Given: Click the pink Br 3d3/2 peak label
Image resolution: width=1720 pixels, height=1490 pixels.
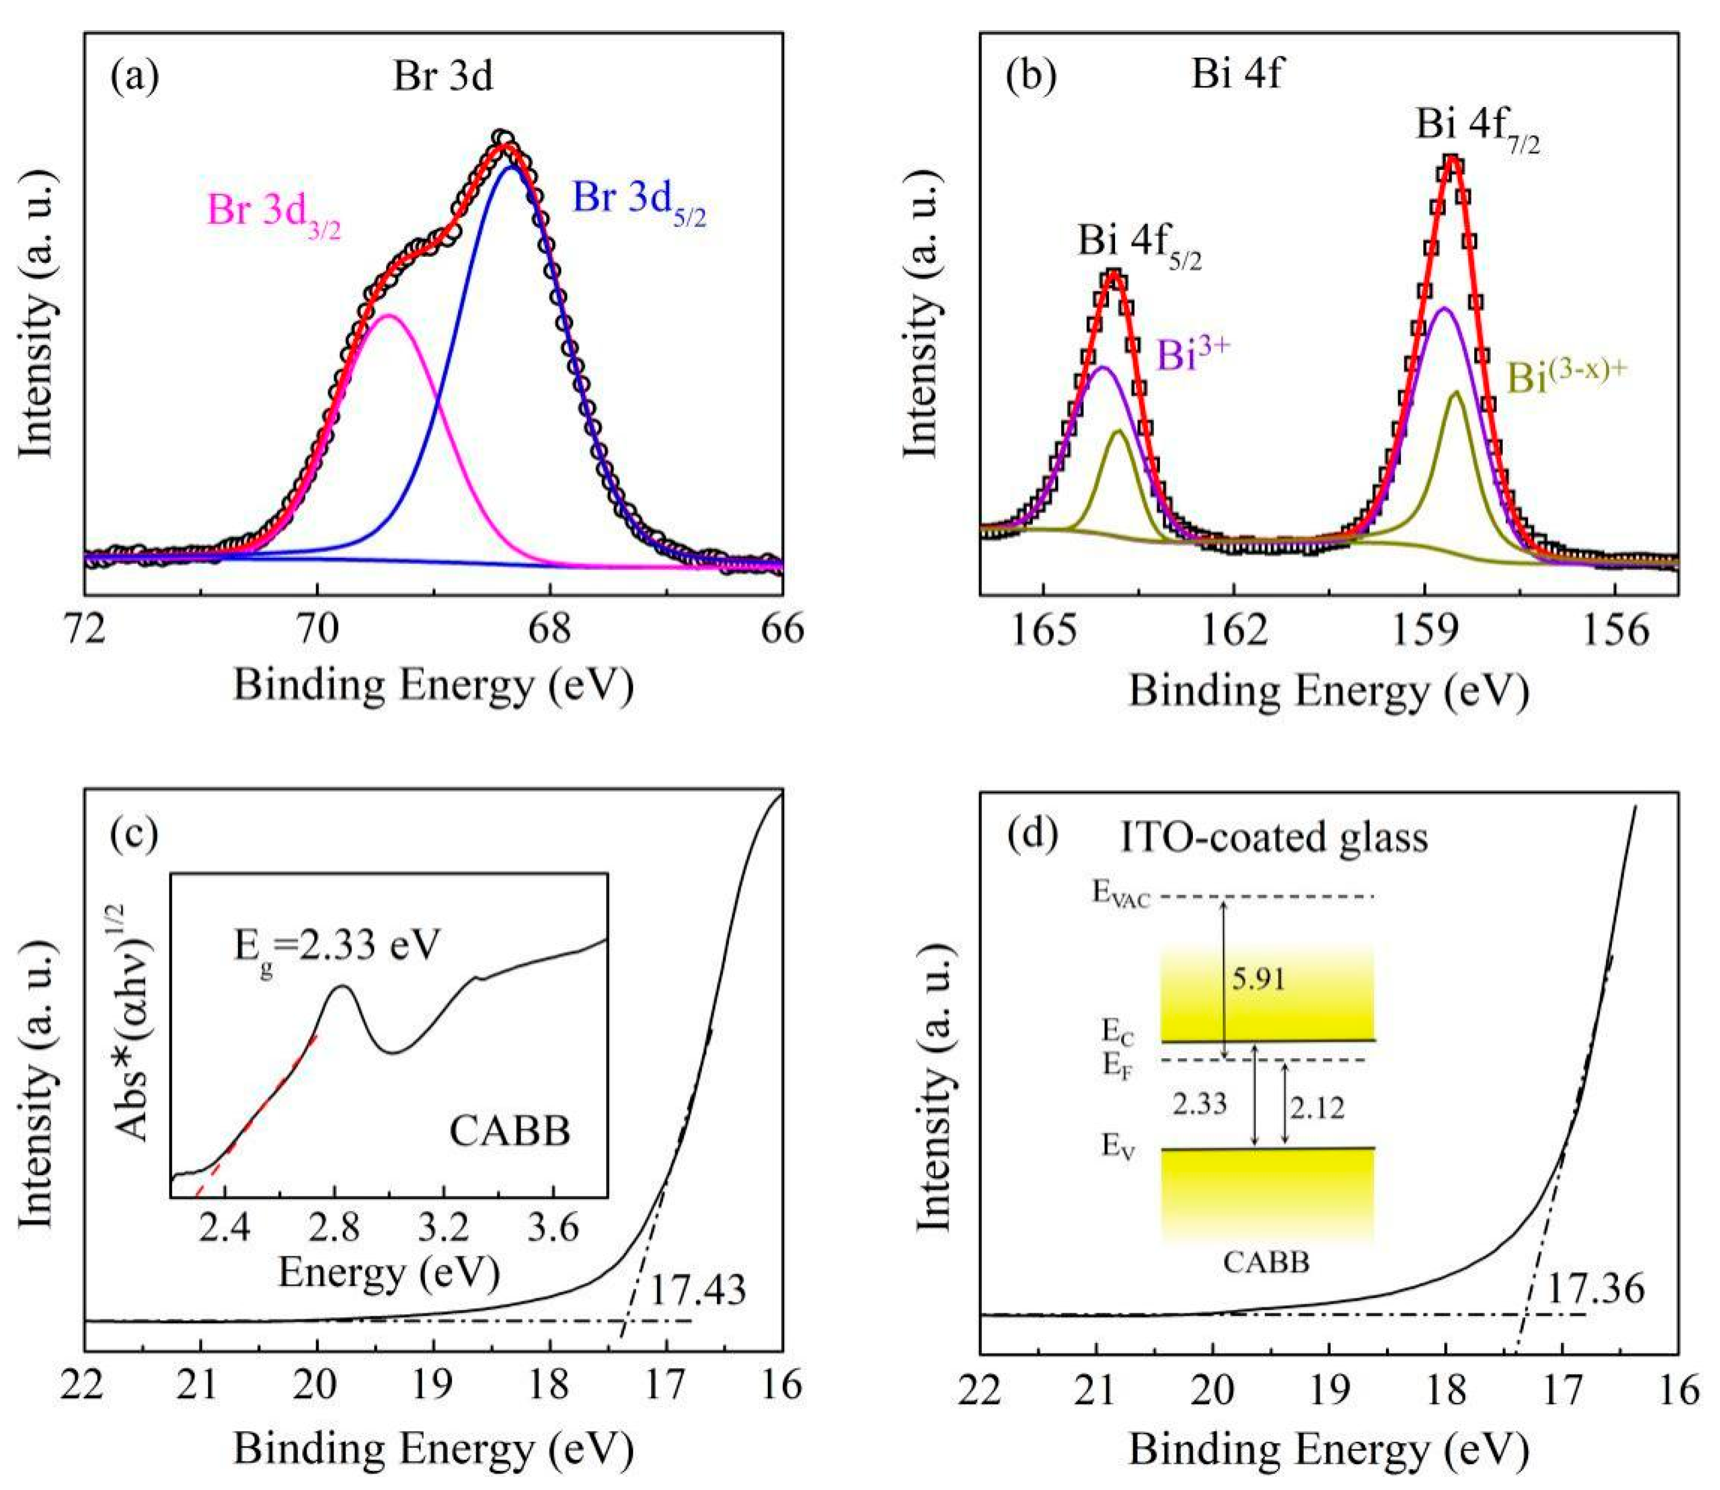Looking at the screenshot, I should click(274, 214).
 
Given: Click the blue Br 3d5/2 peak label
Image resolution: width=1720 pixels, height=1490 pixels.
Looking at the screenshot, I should click(640, 202).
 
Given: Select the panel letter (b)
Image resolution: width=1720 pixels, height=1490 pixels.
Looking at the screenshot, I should click(1031, 75).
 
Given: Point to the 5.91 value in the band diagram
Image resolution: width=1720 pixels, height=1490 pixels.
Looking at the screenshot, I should click(1259, 979).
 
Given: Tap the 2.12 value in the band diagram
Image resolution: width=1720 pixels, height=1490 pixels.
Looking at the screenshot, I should click(1317, 1107).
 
